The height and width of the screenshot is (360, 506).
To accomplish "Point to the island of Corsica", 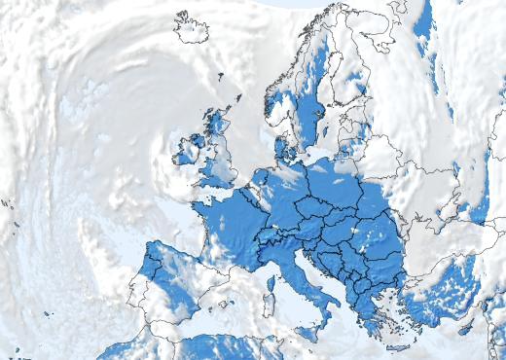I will point(270,285).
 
